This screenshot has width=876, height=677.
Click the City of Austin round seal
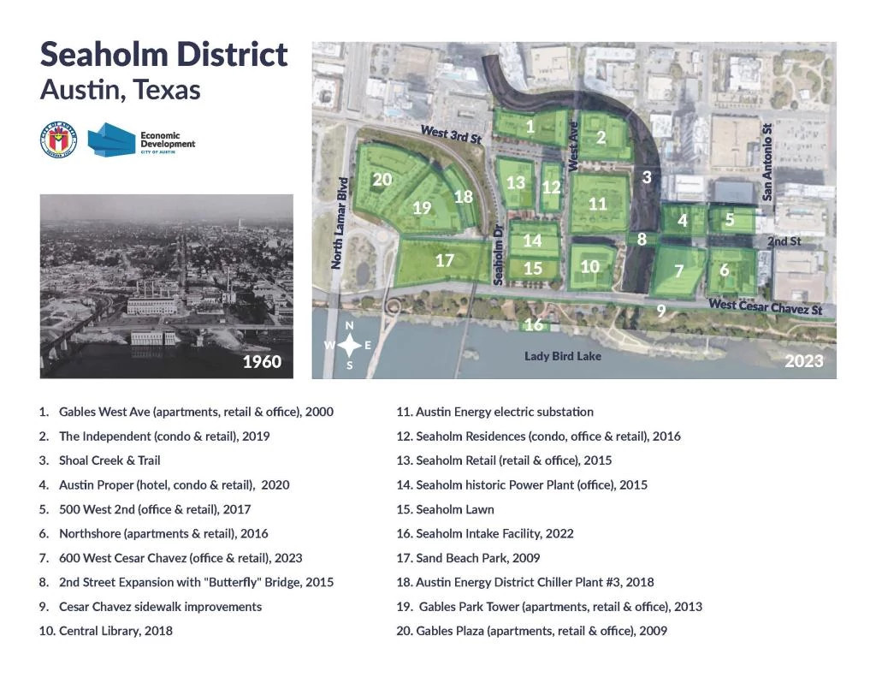click(58, 140)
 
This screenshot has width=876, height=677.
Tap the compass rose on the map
click(350, 346)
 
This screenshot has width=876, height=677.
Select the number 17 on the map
click(444, 261)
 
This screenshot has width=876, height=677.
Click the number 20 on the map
click(382, 180)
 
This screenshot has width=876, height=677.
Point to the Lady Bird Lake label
click(563, 356)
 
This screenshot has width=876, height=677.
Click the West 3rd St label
click(451, 134)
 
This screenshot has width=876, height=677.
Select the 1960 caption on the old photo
click(262, 361)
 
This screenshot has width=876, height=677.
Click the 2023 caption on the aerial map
click(804, 361)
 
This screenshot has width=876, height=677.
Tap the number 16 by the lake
click(534, 324)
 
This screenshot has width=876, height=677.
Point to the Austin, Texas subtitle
click(120, 90)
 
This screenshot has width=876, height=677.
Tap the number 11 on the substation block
click(597, 204)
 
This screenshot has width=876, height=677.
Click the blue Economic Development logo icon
click(110, 139)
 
